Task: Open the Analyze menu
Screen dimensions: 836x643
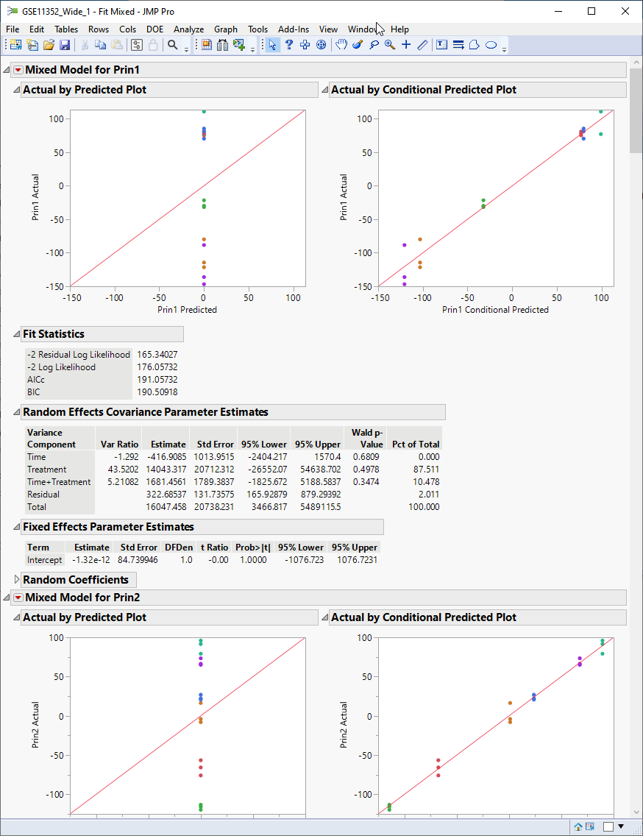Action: point(188,29)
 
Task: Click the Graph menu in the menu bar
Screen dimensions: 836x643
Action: point(226,29)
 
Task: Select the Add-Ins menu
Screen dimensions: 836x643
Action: point(294,29)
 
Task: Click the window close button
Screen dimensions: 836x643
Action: point(625,11)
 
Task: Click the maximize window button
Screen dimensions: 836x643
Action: point(592,11)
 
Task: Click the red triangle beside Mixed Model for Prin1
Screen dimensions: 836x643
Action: point(18,70)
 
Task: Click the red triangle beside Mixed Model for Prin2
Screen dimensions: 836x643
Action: point(18,598)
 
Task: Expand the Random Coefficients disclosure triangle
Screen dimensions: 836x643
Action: point(17,580)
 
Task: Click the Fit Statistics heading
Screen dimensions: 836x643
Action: point(54,334)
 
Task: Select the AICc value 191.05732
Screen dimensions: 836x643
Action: point(157,380)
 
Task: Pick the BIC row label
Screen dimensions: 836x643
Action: point(34,392)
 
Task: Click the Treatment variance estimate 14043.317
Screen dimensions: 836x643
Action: point(166,470)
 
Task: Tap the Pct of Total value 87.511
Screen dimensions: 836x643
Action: point(426,470)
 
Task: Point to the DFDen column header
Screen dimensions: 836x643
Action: point(177,548)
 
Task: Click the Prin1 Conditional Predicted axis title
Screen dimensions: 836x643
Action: point(495,310)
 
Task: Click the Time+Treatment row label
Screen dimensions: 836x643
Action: point(59,482)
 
